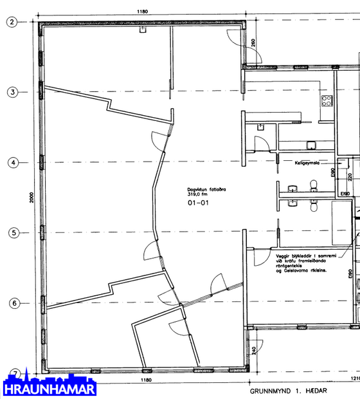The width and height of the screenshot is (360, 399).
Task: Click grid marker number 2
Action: [12, 22]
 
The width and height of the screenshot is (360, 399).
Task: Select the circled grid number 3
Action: [12, 92]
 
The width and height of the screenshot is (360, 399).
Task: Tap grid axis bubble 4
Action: [12, 163]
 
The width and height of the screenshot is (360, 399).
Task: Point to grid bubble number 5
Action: [12, 233]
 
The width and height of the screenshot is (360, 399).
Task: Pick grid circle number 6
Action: [12, 303]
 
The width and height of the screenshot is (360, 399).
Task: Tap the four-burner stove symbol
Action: [327, 100]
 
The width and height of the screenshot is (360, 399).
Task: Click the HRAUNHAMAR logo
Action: [49, 388]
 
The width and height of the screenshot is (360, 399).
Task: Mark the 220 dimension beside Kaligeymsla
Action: [350, 176]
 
